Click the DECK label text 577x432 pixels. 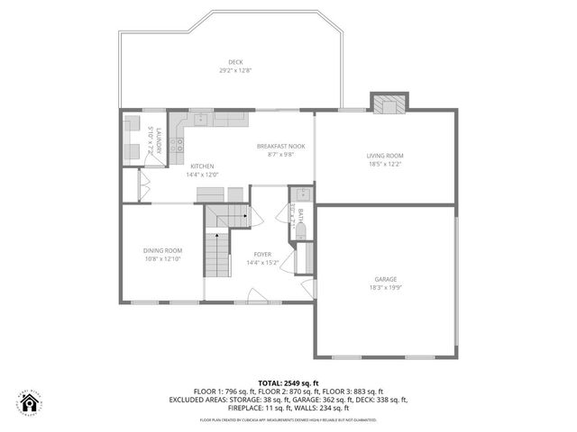pos(234,62)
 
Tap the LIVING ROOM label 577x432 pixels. pos(384,156)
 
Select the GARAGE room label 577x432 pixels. pos(385,279)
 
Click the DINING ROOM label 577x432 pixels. pos(162,250)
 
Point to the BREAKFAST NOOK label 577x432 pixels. pos(280,146)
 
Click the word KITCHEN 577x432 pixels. pos(202,166)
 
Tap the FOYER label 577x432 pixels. pos(262,254)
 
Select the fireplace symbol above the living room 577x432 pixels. pos(389,103)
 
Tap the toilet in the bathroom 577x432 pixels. pos(301,232)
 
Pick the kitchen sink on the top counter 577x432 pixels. pos(201,119)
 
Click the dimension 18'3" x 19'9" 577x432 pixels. pos(385,288)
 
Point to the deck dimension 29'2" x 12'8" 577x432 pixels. pos(234,70)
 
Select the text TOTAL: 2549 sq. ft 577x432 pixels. pos(288,383)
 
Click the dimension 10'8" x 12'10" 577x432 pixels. pos(162,259)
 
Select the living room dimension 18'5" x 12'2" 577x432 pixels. pos(384,165)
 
